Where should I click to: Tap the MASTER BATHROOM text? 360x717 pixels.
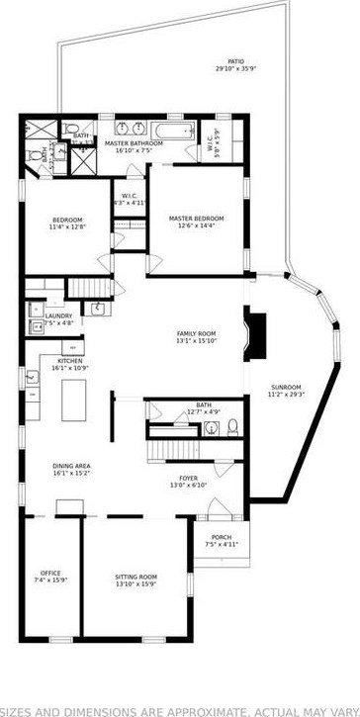[139, 143]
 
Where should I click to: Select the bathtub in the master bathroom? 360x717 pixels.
[167, 129]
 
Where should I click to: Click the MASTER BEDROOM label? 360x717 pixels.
[196, 218]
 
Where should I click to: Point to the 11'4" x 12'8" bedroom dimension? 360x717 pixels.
[68, 226]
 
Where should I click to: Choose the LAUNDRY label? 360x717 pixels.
[58, 315]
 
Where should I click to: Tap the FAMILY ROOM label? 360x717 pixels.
[196, 334]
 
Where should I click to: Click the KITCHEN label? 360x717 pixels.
[70, 361]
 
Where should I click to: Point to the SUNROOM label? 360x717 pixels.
[287, 387]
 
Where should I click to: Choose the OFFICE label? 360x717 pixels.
[50, 573]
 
